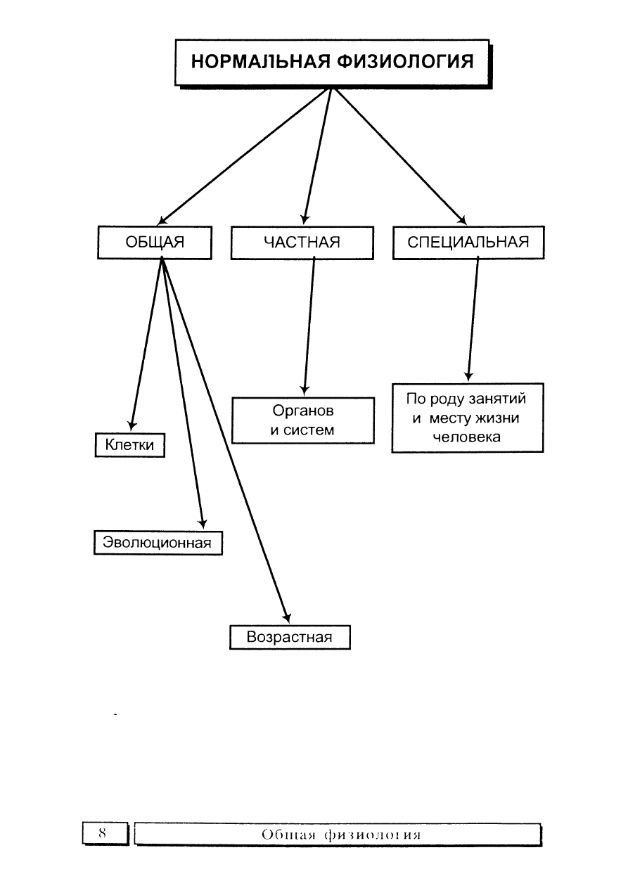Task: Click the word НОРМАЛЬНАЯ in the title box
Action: point(260,62)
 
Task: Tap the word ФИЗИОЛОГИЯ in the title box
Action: point(406,62)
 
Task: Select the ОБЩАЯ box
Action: point(155,243)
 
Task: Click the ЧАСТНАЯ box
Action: point(302,243)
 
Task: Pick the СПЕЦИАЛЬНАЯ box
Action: point(468,243)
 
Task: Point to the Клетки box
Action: point(129,445)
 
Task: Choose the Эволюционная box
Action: point(158,543)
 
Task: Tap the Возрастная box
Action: point(290,637)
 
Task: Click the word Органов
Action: point(303,411)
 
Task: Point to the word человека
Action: point(466,437)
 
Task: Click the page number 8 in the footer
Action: point(102,832)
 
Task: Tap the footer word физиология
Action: point(372,835)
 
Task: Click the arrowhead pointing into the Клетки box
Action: point(132,425)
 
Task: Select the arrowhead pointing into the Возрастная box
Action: point(287,617)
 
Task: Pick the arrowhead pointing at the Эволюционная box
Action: point(203,523)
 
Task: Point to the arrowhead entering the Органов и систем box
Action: point(305,390)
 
